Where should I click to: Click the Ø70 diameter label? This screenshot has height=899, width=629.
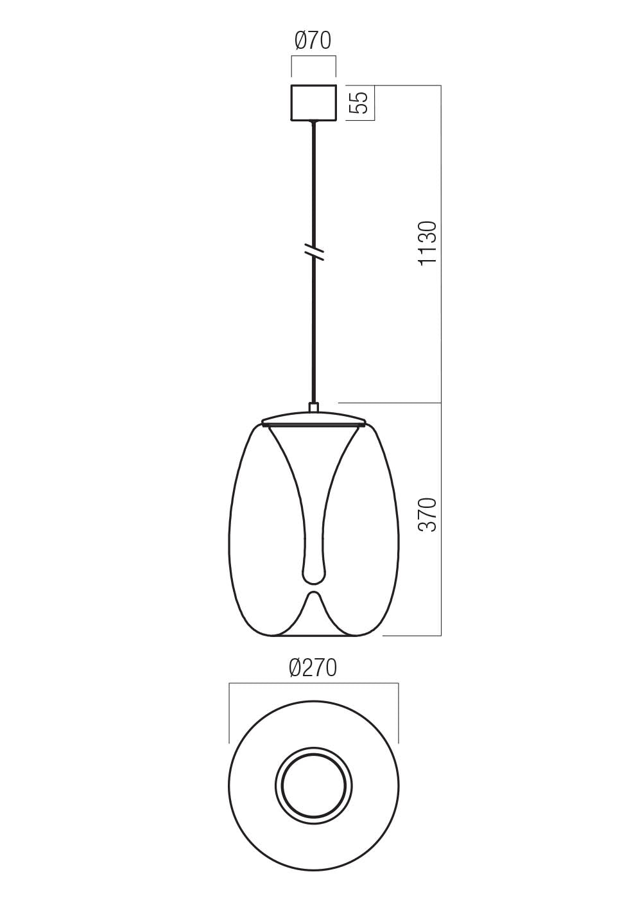click(x=313, y=41)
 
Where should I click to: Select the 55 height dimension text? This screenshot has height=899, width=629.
click(x=361, y=102)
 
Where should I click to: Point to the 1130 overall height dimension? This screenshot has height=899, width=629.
click(x=427, y=243)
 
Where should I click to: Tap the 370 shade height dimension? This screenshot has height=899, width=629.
click(x=427, y=514)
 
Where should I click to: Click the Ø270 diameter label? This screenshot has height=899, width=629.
click(x=313, y=668)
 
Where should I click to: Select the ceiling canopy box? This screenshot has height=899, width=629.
click(x=314, y=102)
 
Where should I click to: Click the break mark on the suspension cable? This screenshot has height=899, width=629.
click(x=314, y=251)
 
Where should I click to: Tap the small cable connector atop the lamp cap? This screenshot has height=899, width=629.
click(x=314, y=407)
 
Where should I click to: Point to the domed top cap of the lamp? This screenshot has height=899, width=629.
click(x=314, y=417)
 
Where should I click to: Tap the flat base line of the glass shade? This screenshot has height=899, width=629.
click(x=314, y=636)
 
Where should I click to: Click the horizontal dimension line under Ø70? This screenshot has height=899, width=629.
click(x=314, y=57)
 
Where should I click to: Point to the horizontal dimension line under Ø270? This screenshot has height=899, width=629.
click(x=314, y=684)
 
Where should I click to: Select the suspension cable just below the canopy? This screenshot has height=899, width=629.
click(x=314, y=141)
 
